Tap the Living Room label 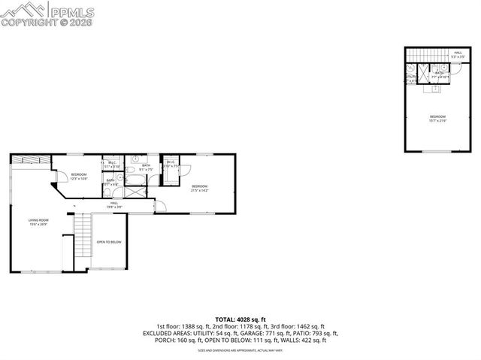[x=38, y=222]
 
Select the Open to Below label [x=109, y=242]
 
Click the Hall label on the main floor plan [x=114, y=204]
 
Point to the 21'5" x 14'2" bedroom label [x=199, y=188]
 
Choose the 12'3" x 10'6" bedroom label [x=79, y=177]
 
